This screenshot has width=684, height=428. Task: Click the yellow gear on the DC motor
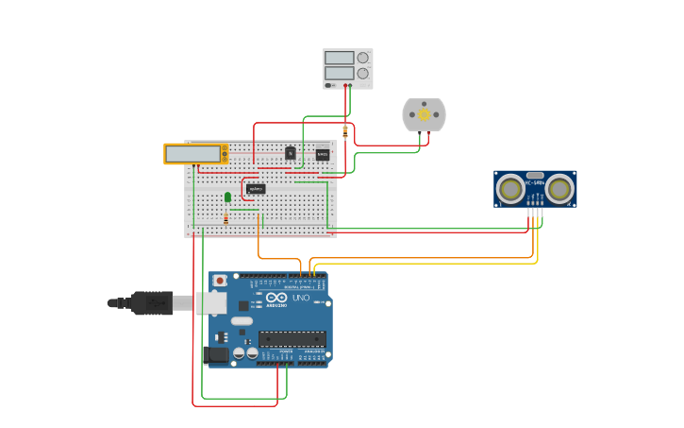424,114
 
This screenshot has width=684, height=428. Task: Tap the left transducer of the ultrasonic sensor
510,189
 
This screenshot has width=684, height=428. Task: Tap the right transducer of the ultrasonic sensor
559,189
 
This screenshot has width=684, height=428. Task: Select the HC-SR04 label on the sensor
535,183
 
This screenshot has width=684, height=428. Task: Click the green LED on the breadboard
227,197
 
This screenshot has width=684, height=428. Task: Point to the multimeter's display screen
192,153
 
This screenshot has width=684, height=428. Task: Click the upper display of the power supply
339,58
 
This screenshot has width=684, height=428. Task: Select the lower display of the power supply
339,73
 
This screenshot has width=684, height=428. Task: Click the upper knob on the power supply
362,58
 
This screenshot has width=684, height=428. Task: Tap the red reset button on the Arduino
220,281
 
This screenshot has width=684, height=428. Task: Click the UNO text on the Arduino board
301,298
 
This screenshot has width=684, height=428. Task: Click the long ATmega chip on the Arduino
292,338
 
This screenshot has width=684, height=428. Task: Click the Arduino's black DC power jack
216,355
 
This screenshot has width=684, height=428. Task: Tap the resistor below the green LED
226,218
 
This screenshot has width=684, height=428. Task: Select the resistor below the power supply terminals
345,130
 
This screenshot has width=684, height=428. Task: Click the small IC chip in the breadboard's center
256,189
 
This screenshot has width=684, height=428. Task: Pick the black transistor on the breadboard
290,152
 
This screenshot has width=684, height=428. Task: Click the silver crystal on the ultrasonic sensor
535,175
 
